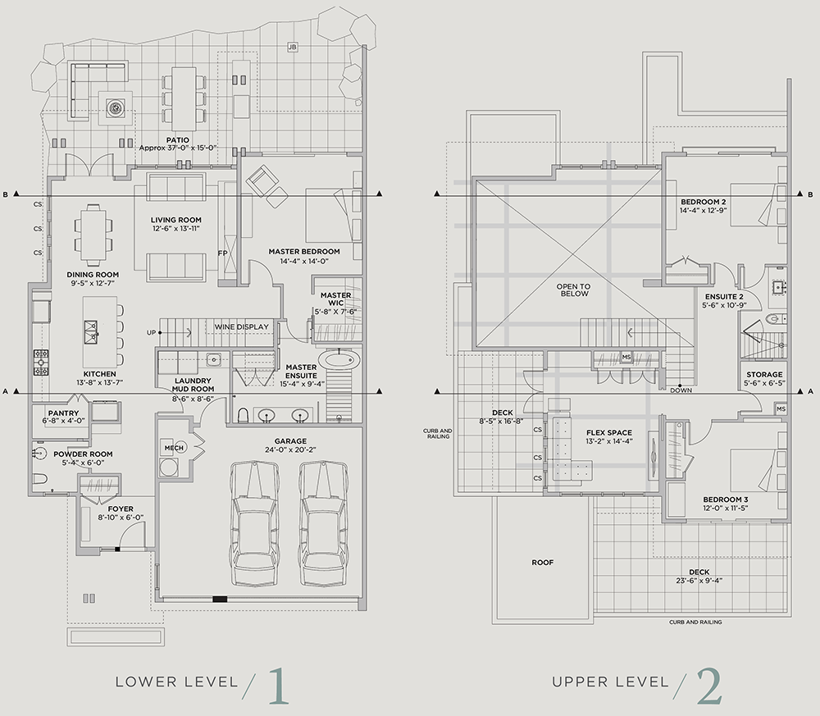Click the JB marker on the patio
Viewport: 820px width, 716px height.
(x=293, y=47)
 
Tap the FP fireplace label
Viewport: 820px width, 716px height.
(x=223, y=253)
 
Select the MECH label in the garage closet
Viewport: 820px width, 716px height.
(x=174, y=448)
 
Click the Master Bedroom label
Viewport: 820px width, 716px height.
(x=304, y=252)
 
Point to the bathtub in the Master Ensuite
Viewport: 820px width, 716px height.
(x=340, y=360)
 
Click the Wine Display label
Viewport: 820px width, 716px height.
(x=242, y=327)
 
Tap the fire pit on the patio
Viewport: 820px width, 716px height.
(x=116, y=107)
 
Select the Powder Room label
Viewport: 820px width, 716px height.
(x=83, y=454)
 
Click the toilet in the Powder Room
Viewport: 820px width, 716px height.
(x=40, y=478)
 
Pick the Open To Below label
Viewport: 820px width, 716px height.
(x=573, y=290)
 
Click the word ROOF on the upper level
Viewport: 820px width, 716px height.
(x=542, y=563)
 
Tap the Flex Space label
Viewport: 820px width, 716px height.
(x=609, y=432)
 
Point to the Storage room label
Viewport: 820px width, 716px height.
(x=764, y=375)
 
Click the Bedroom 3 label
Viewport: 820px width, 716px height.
(x=726, y=499)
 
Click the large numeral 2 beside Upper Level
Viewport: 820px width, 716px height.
(x=709, y=686)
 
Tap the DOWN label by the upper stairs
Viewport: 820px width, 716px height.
(x=681, y=390)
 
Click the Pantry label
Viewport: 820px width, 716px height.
(x=63, y=413)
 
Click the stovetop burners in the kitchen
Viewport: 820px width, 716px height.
(x=41, y=363)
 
